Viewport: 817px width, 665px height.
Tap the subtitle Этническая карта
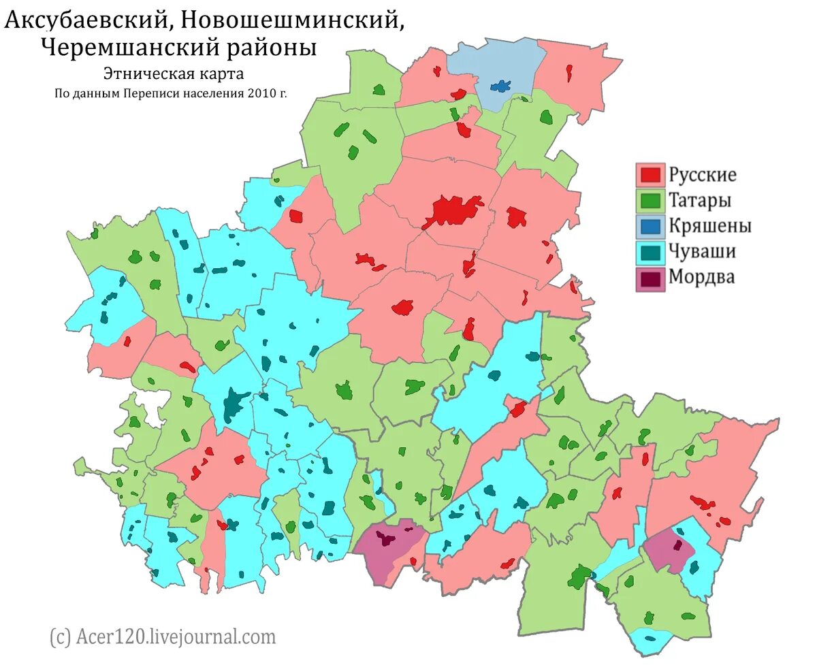coord(173,73)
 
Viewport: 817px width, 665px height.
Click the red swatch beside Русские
coord(650,175)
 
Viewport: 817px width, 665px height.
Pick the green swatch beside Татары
coord(650,201)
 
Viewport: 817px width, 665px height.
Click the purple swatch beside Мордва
coord(650,278)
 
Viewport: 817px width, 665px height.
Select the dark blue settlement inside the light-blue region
coord(502,86)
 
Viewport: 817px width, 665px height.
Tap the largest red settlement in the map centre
coord(453,210)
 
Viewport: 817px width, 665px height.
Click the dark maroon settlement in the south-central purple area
coord(387,540)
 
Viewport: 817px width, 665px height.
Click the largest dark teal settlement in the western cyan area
coord(234,404)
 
